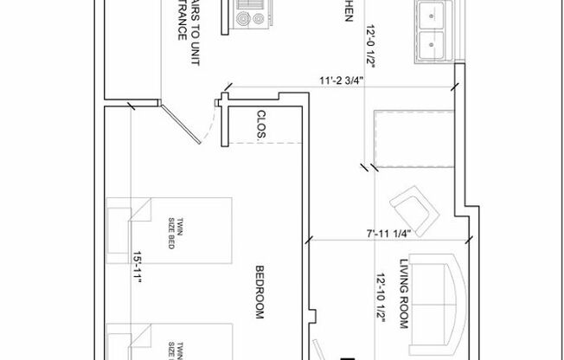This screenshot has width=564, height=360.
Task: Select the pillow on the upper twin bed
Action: (119, 224)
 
